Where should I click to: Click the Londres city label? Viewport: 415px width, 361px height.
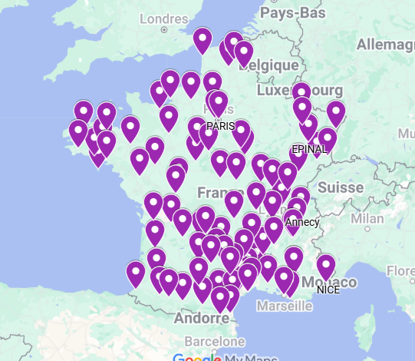click(165, 19)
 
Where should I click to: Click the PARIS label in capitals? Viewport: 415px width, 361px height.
click(221, 126)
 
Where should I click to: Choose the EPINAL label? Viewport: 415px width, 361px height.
click(310, 148)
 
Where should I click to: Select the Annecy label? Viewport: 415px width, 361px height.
click(302, 223)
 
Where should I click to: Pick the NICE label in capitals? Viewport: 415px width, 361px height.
click(328, 290)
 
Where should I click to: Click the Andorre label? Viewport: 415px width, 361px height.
click(196, 317)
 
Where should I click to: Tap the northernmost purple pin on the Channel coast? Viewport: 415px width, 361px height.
click(203, 40)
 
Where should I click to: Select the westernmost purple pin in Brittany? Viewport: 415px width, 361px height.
click(78, 132)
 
